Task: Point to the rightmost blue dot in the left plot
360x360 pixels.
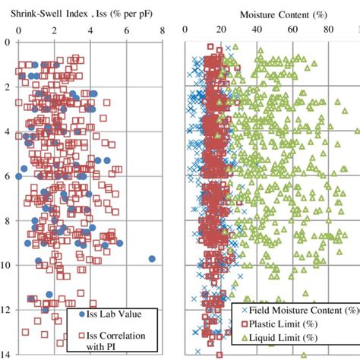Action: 152,259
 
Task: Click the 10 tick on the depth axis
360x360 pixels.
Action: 8,265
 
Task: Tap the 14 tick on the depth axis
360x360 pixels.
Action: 8,354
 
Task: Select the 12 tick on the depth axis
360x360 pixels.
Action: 8,310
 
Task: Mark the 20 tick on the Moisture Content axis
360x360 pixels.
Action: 222,32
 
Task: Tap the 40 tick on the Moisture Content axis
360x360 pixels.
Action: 257,32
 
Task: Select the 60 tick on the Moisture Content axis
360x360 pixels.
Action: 293,32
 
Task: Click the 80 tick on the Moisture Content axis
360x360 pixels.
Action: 329,32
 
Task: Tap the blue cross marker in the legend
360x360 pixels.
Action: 245,310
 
